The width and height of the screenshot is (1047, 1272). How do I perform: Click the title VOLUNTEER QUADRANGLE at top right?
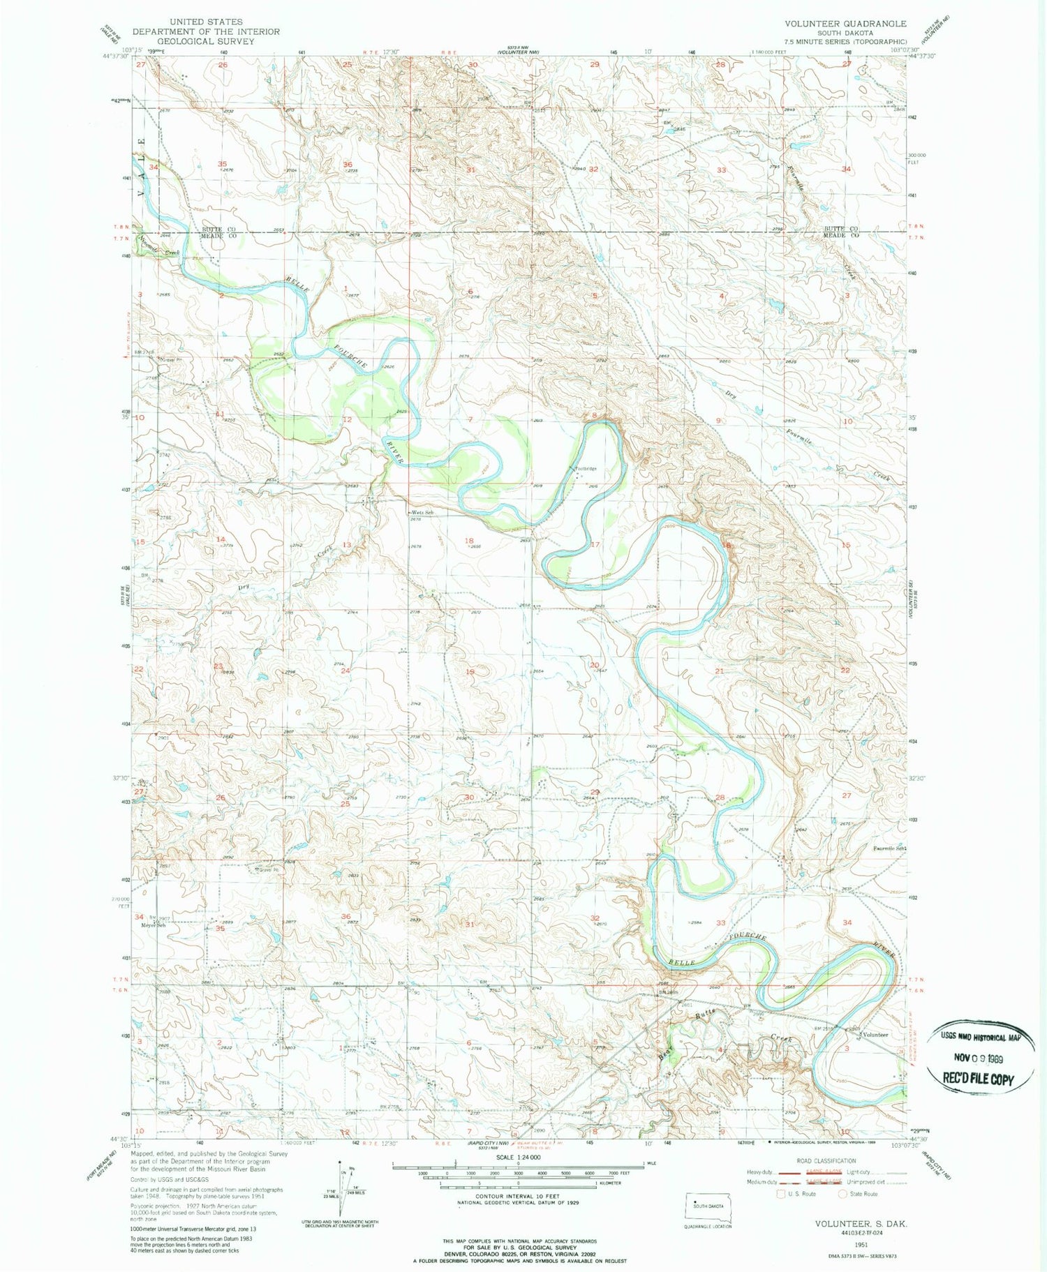pos(845,24)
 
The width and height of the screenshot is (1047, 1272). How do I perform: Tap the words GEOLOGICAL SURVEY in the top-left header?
pos(196,41)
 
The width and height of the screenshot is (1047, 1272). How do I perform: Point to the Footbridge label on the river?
pos(586,469)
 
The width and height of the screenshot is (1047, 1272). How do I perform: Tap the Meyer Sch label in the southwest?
pos(154,925)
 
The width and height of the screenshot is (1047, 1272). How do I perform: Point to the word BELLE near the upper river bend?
pos(295,284)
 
